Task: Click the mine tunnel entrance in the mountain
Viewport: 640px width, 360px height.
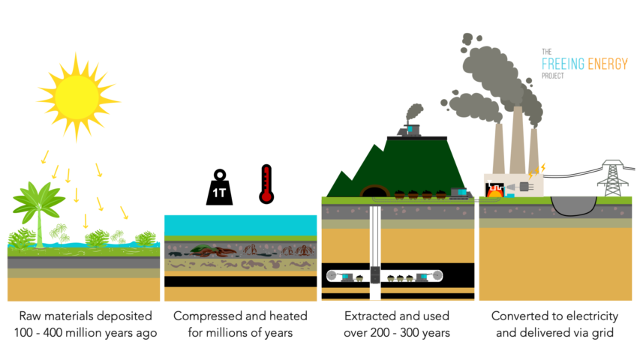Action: pyautogui.click(x=373, y=193)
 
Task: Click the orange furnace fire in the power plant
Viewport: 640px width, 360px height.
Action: pyautogui.click(x=494, y=193)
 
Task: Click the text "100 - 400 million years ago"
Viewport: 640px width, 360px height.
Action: pyautogui.click(x=83, y=332)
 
